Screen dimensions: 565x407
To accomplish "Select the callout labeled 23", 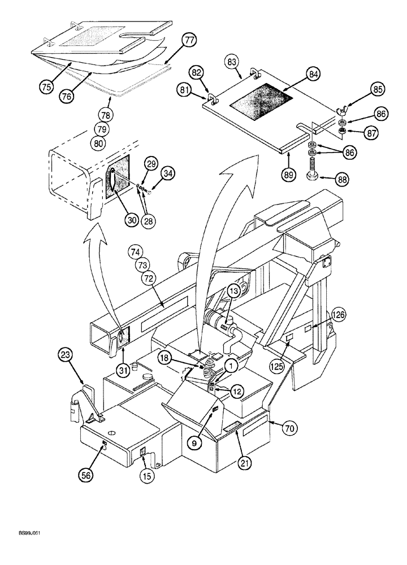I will (65, 355).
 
